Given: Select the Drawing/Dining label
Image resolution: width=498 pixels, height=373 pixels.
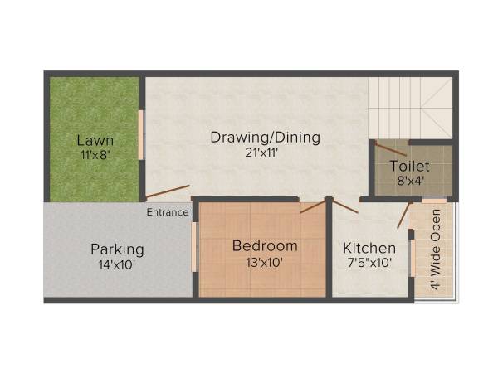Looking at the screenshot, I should [265, 137].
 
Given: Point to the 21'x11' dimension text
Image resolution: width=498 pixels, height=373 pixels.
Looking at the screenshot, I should [265, 152].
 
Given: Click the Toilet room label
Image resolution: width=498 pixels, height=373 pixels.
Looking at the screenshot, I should [410, 166].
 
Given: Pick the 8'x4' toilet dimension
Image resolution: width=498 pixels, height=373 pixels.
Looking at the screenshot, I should [410, 181].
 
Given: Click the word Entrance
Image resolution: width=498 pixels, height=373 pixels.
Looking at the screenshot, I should [168, 212].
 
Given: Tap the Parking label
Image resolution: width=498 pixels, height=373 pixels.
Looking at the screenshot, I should [117, 249].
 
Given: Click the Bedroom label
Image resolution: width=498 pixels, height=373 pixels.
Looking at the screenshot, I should [264, 246].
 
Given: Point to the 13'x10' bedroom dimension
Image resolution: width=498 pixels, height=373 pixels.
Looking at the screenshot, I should [264, 263].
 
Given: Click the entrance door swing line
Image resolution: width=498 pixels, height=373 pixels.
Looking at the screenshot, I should [168, 191].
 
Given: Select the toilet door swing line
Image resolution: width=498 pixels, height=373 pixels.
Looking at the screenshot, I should [390, 150].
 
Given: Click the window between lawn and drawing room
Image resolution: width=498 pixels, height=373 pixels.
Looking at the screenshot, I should [142, 134].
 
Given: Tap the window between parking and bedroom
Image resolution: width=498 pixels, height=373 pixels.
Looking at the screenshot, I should [195, 246].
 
